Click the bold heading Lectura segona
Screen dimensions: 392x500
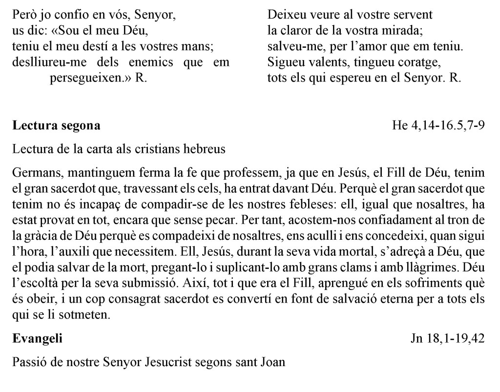(x=57, y=126)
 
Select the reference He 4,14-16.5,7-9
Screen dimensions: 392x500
(x=438, y=126)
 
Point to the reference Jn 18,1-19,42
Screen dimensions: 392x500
(x=447, y=339)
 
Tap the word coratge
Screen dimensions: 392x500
(x=422, y=63)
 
